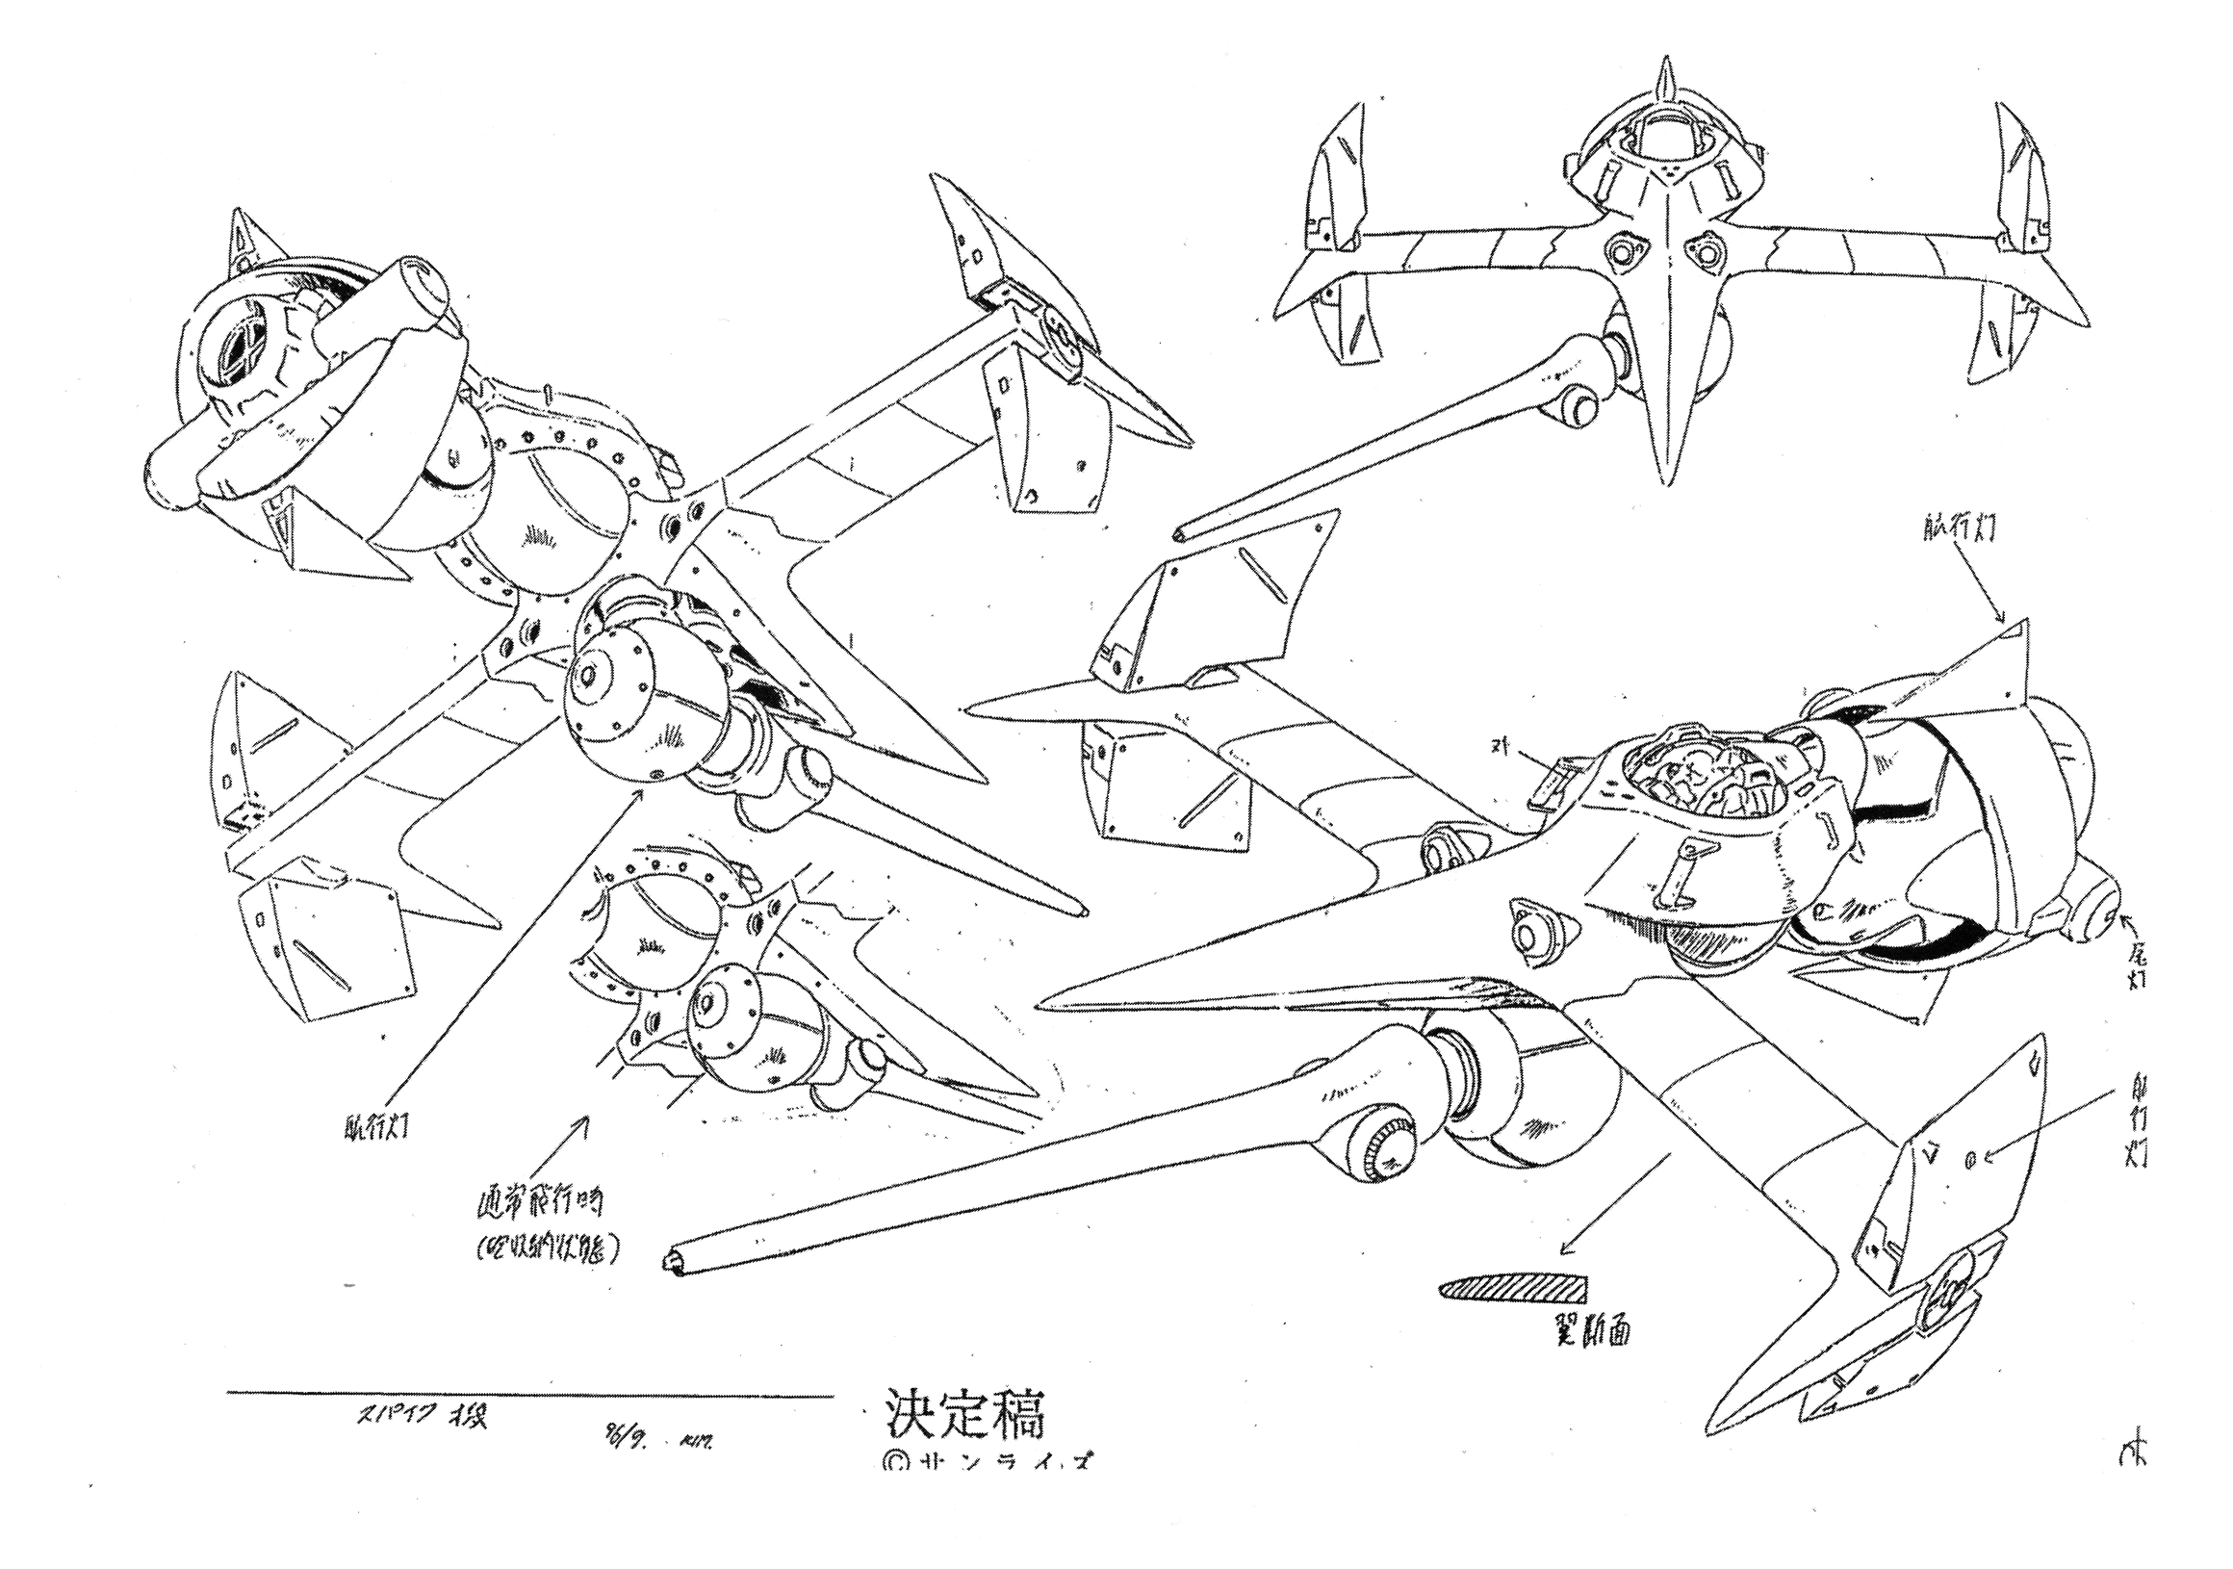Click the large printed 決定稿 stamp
click(964, 1416)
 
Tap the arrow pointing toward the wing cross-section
click(1609, 1206)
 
